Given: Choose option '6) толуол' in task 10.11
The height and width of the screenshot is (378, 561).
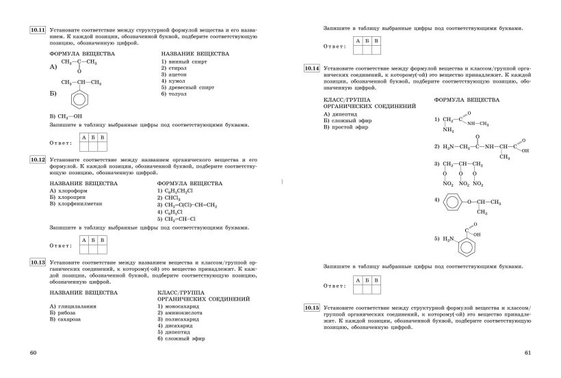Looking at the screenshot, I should pos(177,94).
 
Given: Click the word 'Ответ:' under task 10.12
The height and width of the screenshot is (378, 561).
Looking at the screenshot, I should pos(62,244).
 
